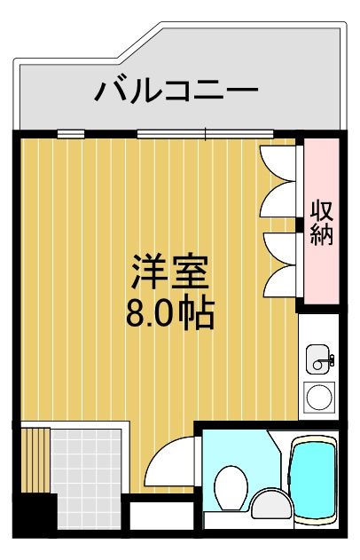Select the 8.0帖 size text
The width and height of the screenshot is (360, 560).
(x=169, y=313)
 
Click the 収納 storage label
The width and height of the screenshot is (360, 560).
(x=321, y=224)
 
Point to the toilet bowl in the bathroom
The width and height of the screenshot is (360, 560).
(x=233, y=487)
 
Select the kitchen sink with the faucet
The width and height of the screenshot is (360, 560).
(x=319, y=360)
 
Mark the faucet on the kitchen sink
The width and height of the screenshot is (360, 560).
(x=329, y=359)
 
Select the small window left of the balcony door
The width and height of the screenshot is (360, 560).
(x=71, y=135)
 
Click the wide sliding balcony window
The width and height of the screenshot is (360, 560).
(x=204, y=135)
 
